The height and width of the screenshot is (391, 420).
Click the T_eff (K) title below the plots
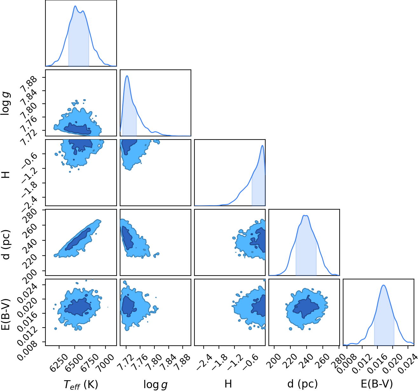coord(81,384)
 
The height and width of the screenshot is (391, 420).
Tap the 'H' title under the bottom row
coord(228,384)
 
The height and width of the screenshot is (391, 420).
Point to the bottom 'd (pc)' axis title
coord(303,384)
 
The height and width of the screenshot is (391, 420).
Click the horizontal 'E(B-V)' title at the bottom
coord(377,384)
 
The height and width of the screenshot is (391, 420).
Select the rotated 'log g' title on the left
coord(5,103)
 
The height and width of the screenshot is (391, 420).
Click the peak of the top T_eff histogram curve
coord(75,6)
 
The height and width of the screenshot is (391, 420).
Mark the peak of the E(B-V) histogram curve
coord(383,285)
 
